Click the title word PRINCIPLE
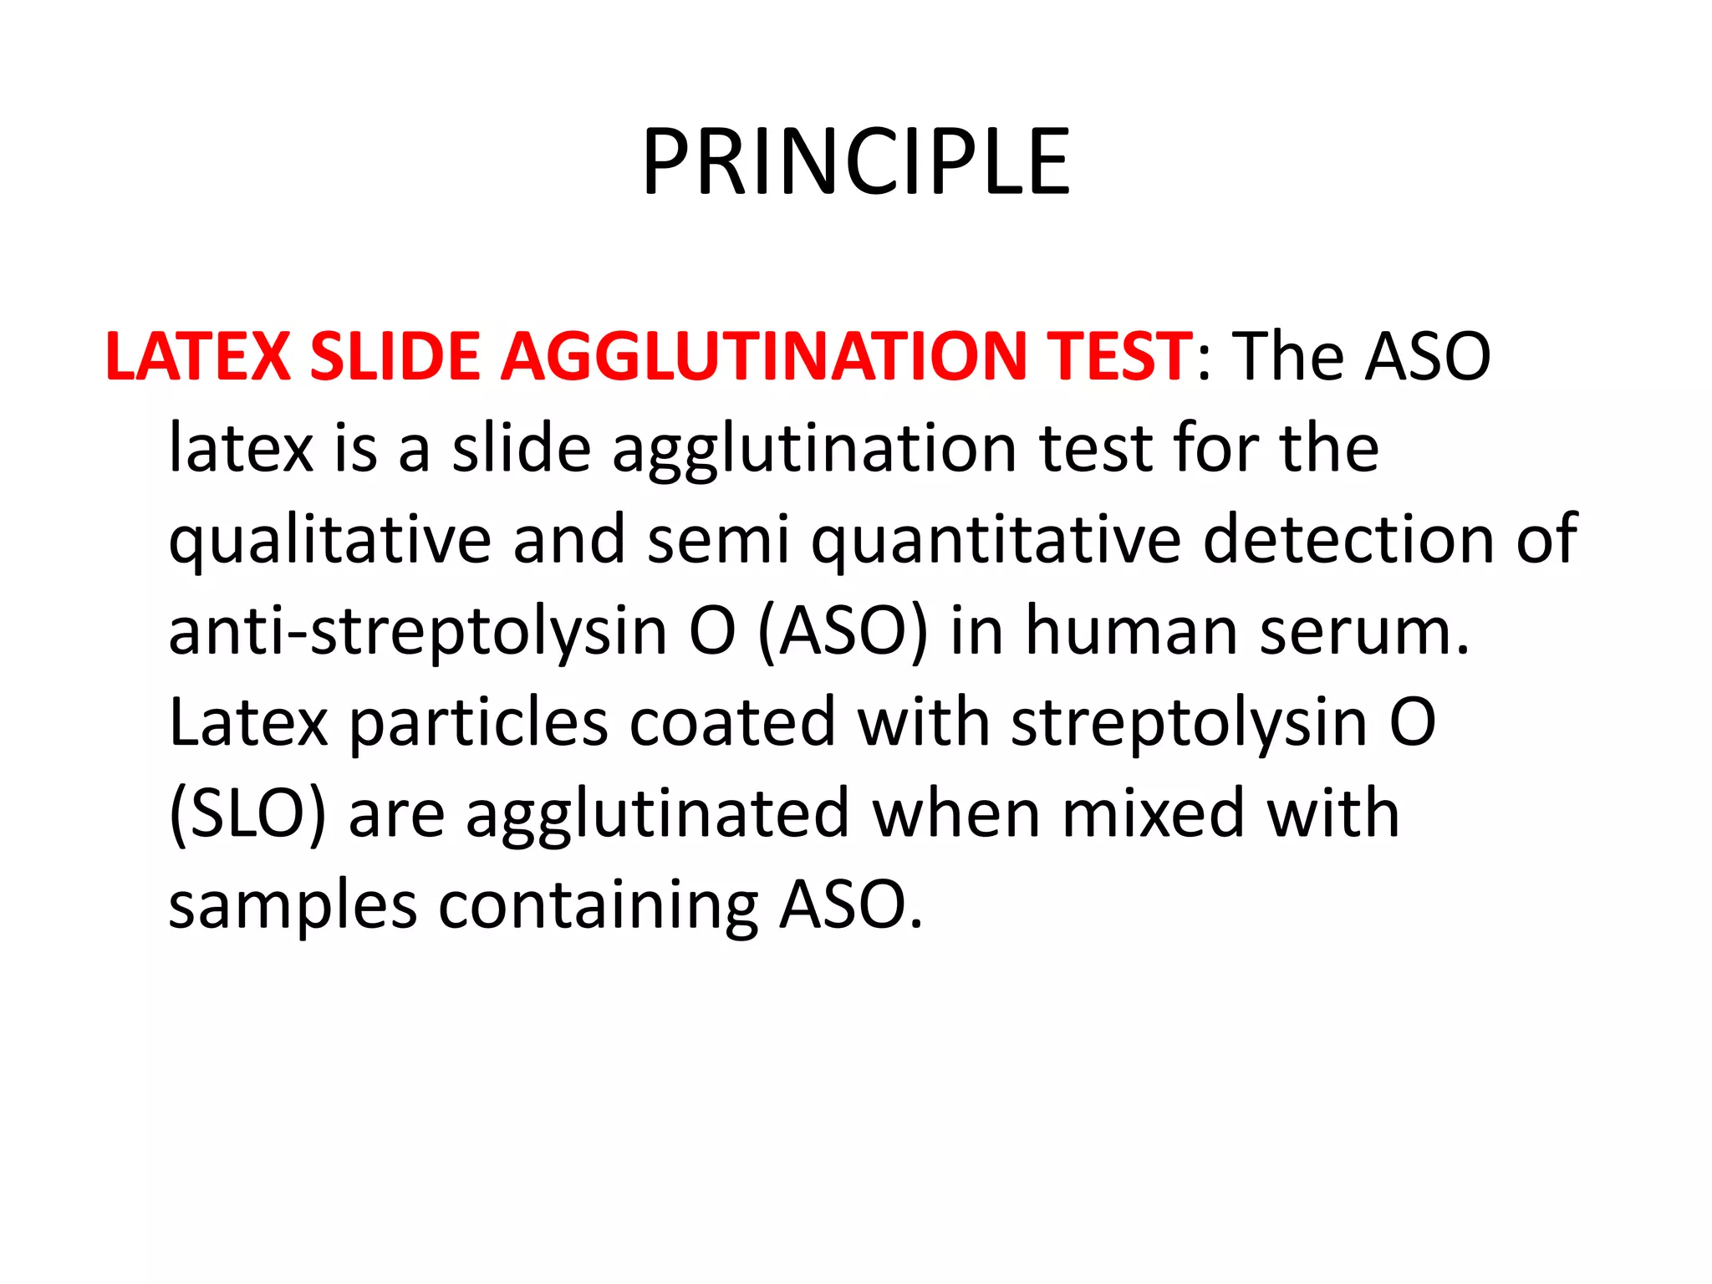pos(855,162)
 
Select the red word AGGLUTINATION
pos(763,357)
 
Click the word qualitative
pos(329,541)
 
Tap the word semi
pos(718,539)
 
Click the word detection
pos(1348,539)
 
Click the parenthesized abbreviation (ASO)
pos(843,632)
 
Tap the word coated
pos(732,721)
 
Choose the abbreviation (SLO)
pos(247,814)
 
